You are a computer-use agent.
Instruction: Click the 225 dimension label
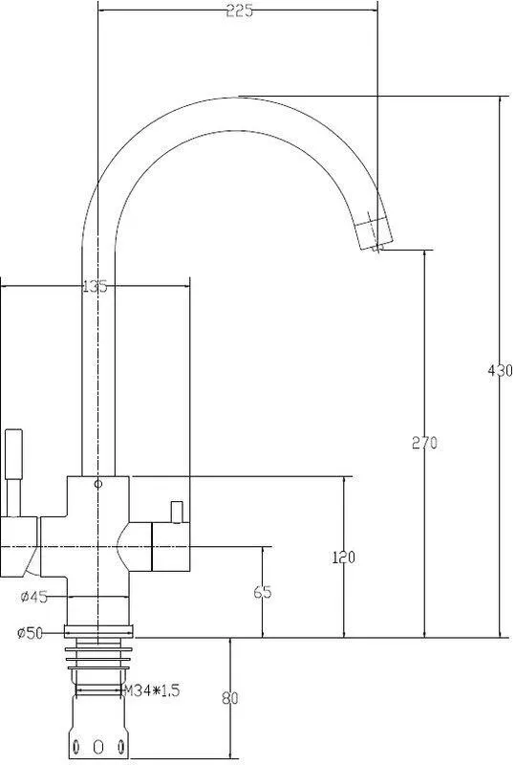pyautogui.click(x=240, y=11)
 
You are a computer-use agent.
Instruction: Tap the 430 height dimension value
pyautogui.click(x=501, y=370)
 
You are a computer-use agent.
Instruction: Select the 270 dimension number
pyautogui.click(x=425, y=443)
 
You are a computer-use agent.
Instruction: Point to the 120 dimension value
pyautogui.click(x=344, y=557)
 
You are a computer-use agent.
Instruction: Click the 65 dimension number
pyautogui.click(x=263, y=592)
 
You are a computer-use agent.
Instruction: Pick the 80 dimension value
pyautogui.click(x=229, y=698)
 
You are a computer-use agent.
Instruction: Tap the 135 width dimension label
pyautogui.click(x=95, y=286)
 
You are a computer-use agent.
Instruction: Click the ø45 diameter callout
pyautogui.click(x=34, y=597)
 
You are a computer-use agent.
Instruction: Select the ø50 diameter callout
pyautogui.click(x=30, y=633)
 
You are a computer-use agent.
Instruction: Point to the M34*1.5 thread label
pyautogui.click(x=153, y=690)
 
